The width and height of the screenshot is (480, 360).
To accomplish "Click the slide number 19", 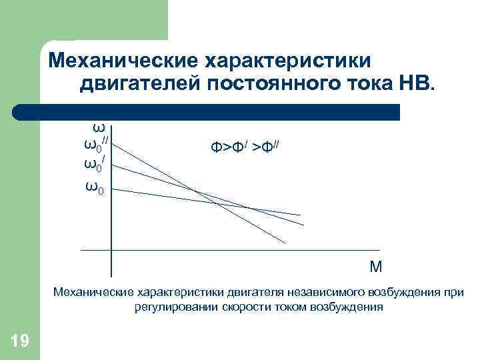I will (20, 342).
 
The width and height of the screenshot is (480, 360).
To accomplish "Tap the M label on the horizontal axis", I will (376, 267).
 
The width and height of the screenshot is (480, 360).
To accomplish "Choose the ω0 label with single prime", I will (94, 163).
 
